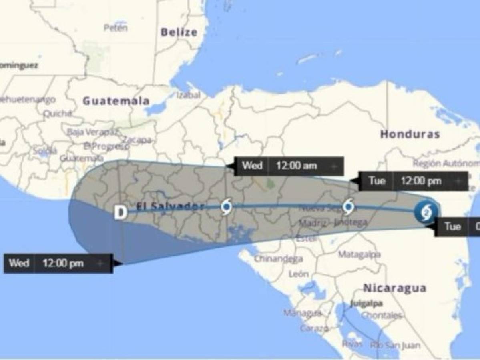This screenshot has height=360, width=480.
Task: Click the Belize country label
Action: point(179,32)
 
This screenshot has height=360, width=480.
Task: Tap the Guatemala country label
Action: point(116,101)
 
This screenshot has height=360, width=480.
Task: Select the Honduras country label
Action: point(410,134)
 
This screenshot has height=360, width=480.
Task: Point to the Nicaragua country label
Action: point(394,288)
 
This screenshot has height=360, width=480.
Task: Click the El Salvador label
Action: point(170,207)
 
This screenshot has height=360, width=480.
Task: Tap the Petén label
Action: point(116,28)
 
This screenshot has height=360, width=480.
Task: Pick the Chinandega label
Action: point(278,259)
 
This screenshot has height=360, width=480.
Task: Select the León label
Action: point(299,274)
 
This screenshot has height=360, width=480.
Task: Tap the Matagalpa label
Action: point(359,254)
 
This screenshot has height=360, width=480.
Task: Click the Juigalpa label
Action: point(366,303)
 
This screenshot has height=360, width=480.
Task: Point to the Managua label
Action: point(302,312)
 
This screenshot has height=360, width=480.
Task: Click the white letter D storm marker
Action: point(121,212)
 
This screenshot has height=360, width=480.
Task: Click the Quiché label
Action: point(57,114)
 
